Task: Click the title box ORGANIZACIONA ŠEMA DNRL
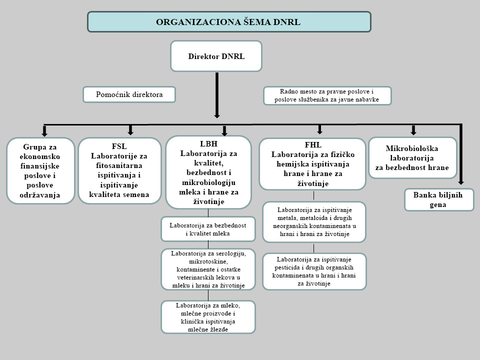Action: tap(229, 22)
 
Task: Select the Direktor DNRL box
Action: tap(216, 56)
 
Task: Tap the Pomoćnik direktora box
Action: tap(129, 94)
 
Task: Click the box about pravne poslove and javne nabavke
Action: tap(327, 95)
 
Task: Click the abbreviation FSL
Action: tap(119, 146)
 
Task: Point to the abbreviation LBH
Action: tap(208, 143)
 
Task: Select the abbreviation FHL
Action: tap(312, 146)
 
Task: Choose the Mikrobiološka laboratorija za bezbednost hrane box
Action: tap(412, 158)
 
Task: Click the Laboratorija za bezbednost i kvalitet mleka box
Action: tap(207, 229)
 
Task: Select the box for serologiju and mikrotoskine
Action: tap(207, 269)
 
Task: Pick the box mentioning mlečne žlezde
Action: tap(207, 317)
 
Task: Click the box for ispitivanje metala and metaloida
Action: tap(314, 221)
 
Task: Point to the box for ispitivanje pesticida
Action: tap(314, 271)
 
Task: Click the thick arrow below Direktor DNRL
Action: tap(217, 95)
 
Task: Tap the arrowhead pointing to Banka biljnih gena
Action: tap(460, 182)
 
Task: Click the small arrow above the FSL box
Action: tap(130, 130)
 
